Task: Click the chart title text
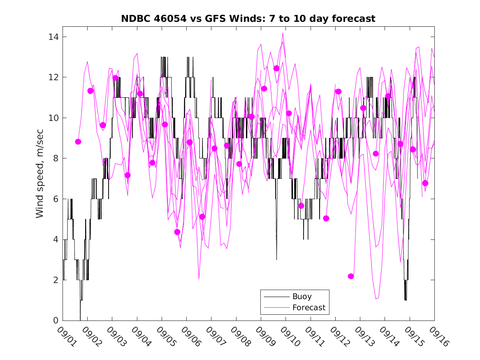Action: (248, 19)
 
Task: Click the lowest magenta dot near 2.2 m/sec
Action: (351, 276)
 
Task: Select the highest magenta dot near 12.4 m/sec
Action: (276, 68)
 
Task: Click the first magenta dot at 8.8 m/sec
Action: (78, 142)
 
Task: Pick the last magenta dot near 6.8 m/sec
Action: (425, 183)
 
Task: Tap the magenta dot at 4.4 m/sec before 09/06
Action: (177, 232)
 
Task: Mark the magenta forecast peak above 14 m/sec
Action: (283, 33)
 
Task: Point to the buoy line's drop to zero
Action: (80, 319)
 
